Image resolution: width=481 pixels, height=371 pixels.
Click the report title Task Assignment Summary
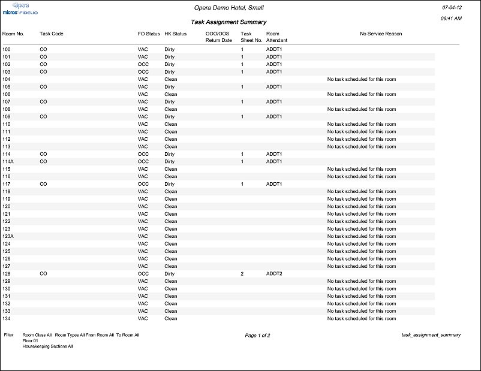click(x=229, y=22)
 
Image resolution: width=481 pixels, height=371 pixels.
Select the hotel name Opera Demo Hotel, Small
click(x=229, y=8)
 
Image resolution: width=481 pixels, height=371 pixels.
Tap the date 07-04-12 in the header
click(x=450, y=8)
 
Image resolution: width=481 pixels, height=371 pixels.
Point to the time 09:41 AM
click(x=450, y=19)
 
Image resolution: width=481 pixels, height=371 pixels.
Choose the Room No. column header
click(x=13, y=34)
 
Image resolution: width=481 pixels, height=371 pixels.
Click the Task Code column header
click(x=52, y=34)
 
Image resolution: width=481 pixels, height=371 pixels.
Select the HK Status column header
click(x=176, y=34)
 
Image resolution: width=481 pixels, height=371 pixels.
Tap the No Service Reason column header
click(x=381, y=34)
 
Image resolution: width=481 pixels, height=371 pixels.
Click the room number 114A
click(x=8, y=162)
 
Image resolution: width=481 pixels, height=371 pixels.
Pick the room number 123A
click(x=8, y=237)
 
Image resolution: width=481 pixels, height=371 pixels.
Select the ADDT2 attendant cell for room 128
click(x=274, y=274)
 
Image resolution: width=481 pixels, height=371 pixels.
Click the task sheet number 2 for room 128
click(x=242, y=274)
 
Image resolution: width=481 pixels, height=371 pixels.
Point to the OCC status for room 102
click(x=143, y=64)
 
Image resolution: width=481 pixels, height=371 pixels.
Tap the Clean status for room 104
click(x=171, y=79)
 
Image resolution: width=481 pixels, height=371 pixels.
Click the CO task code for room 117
click(x=43, y=184)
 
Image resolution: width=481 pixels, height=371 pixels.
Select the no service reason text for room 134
click(x=361, y=319)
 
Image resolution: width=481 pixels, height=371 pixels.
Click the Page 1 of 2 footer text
click(x=258, y=336)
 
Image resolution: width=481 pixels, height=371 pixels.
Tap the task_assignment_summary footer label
click(x=431, y=336)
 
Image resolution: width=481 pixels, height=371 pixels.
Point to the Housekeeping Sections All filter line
click(x=48, y=347)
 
